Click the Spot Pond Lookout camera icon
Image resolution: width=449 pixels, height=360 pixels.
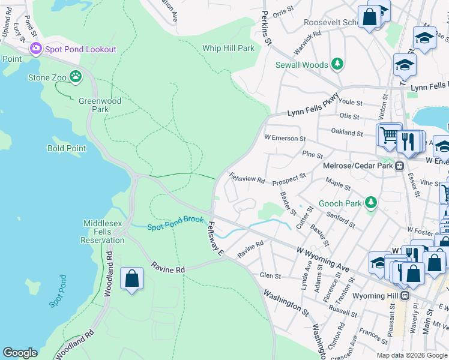point(35,49)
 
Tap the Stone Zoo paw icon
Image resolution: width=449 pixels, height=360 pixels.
point(76,76)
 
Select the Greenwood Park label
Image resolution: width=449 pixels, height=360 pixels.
point(100,105)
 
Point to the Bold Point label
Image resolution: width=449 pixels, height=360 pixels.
point(67,148)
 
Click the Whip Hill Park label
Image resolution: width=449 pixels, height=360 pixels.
point(228,48)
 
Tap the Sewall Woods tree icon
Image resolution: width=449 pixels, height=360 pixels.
point(337,64)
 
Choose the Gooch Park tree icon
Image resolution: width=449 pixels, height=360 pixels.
point(371,203)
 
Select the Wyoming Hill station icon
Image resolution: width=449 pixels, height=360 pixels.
point(406,296)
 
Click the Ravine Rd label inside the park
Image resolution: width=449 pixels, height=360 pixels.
point(167,269)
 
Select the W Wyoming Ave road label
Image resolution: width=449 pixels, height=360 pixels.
point(322,257)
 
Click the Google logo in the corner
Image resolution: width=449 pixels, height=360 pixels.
point(20,353)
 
